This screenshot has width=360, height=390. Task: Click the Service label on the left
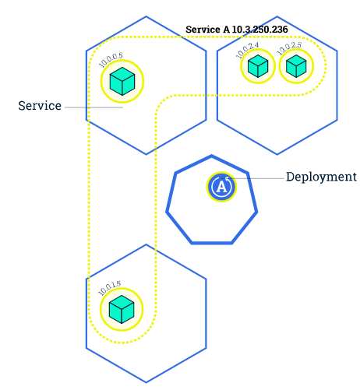(x=40, y=106)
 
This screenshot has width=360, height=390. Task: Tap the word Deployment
(x=321, y=177)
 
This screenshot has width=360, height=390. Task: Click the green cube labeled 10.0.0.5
(x=122, y=81)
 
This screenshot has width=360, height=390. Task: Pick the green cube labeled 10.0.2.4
(x=257, y=67)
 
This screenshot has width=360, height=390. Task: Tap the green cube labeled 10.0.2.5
(x=295, y=67)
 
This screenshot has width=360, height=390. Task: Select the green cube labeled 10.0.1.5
(x=122, y=309)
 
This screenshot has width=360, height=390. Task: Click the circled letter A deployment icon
(x=222, y=187)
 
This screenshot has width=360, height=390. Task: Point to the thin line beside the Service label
(x=94, y=107)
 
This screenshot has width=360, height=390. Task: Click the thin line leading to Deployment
(x=261, y=178)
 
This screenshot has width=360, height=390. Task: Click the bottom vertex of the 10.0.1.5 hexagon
(x=146, y=383)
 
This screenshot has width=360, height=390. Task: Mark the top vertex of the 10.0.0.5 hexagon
(x=146, y=16)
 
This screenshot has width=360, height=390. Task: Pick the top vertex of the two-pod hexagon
(x=277, y=16)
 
